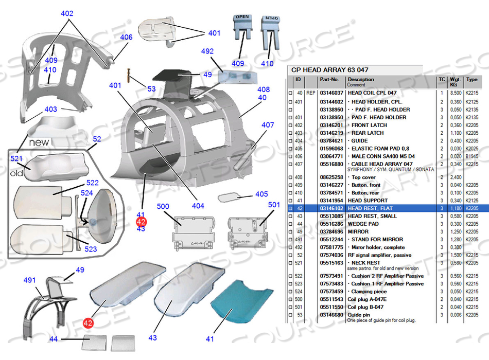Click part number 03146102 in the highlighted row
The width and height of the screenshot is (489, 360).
click(331, 208)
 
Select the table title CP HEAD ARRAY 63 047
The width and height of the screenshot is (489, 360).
click(329, 70)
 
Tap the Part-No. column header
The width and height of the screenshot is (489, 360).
click(329, 80)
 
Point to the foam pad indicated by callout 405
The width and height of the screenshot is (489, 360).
click(230, 197)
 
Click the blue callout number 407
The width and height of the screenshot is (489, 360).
click(268, 124)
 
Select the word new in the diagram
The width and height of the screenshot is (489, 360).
click(39, 141)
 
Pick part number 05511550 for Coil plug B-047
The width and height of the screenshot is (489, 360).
click(331, 307)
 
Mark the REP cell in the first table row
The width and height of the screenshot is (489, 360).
click(311, 93)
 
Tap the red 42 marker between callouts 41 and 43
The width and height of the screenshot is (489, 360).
click(141, 221)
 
